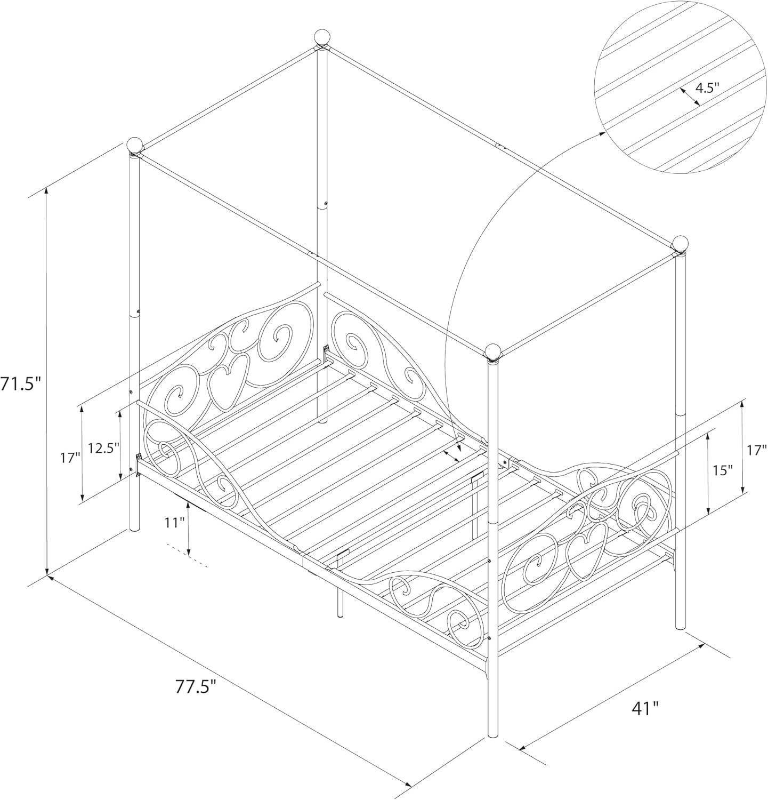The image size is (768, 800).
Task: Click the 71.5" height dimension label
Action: coord(20,383)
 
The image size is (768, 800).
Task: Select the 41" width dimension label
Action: coord(644,708)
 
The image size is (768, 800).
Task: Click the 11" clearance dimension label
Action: coord(174,522)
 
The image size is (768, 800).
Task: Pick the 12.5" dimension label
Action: coord(103,448)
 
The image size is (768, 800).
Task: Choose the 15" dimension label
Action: coord(723,470)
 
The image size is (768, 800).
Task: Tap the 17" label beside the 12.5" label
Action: coord(70,457)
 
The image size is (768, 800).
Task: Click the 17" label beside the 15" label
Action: coord(756,450)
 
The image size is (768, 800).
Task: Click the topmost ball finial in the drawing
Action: coord(322,37)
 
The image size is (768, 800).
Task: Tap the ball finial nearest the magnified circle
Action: coord(680,243)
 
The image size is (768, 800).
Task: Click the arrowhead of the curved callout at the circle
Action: coord(604,133)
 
